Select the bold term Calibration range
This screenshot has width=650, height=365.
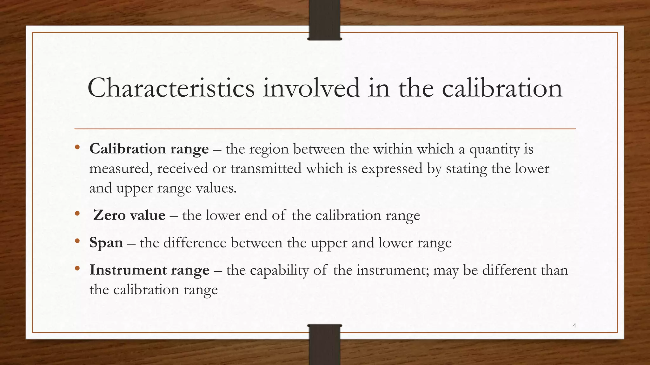pos(149,149)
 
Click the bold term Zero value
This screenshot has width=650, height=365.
pos(129,215)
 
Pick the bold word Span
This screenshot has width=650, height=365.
pos(106,243)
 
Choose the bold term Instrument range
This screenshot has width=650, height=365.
pos(149,270)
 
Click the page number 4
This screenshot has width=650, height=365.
pos(574,325)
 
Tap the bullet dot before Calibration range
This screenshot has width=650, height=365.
pos(77,147)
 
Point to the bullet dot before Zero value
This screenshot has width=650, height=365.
pos(77,214)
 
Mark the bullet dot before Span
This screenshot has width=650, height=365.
pos(77,241)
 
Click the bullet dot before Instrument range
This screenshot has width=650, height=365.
pos(77,269)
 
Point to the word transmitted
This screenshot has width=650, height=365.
pos(266,169)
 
